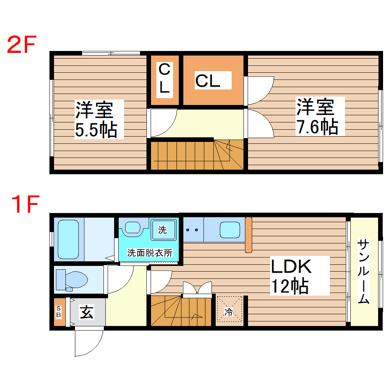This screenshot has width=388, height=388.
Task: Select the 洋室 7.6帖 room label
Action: (317, 116)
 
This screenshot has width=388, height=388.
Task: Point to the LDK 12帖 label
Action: (291, 276)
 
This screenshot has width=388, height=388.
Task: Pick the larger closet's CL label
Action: (208, 80)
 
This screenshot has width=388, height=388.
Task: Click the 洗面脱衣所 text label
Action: (149, 253)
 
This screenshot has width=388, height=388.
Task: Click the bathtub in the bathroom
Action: (68, 239)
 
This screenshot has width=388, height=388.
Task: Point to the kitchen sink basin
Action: (230, 230)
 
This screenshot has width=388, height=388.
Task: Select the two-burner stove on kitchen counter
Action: (193, 230)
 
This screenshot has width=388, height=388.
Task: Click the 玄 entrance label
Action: (86, 312)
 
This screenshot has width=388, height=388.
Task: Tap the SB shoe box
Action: (59, 312)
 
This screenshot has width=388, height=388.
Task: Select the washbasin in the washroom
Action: (133, 227)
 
